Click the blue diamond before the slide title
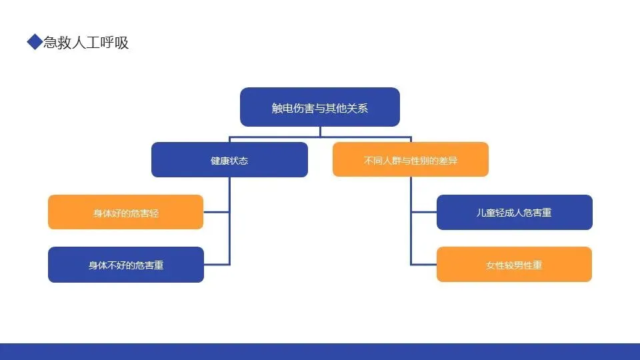click(x=34, y=43)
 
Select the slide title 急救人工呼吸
click(x=85, y=43)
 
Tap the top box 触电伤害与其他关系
click(x=319, y=107)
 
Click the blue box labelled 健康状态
click(x=229, y=160)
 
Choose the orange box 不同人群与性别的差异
click(x=410, y=160)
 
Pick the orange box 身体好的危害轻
click(x=125, y=213)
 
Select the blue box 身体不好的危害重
click(x=125, y=265)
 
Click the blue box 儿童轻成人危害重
click(x=514, y=213)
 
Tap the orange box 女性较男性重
click(x=514, y=265)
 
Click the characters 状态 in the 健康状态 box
click(x=239, y=161)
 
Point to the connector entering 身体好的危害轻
click(x=217, y=212)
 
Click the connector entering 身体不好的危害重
click(x=217, y=265)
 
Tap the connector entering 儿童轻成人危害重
click(x=424, y=212)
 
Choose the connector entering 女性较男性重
click(x=424, y=265)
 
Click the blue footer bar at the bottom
click(x=320, y=351)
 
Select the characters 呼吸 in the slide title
click(x=117, y=43)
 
